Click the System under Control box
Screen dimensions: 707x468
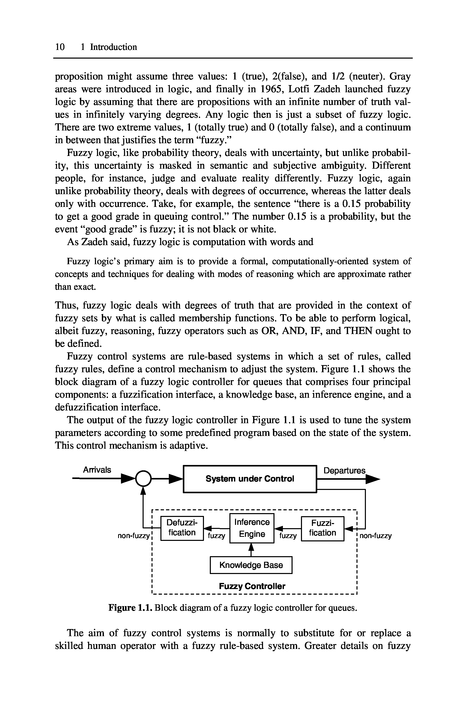[250, 479]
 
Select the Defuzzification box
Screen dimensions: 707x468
[182, 528]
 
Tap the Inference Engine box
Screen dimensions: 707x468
[252, 528]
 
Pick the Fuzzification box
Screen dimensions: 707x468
[322, 528]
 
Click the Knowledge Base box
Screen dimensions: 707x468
[251, 565]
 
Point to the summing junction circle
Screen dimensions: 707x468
[143, 479]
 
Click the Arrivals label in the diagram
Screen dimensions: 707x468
[97, 470]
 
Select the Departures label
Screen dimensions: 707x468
[344, 471]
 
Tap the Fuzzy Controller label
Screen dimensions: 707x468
[252, 586]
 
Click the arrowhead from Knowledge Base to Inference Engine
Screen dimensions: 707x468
[251, 547]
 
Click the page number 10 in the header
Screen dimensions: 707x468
[60, 47]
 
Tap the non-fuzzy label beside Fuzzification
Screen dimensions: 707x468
[376, 536]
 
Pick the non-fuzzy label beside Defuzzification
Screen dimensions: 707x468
[133, 536]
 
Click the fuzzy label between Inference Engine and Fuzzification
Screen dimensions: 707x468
[288, 536]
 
